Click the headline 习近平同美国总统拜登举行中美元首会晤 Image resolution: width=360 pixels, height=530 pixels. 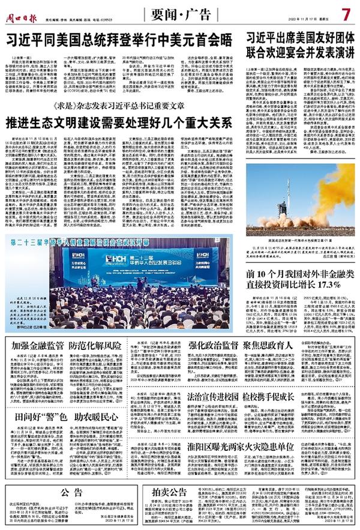pyautogui.click(x=120, y=40)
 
